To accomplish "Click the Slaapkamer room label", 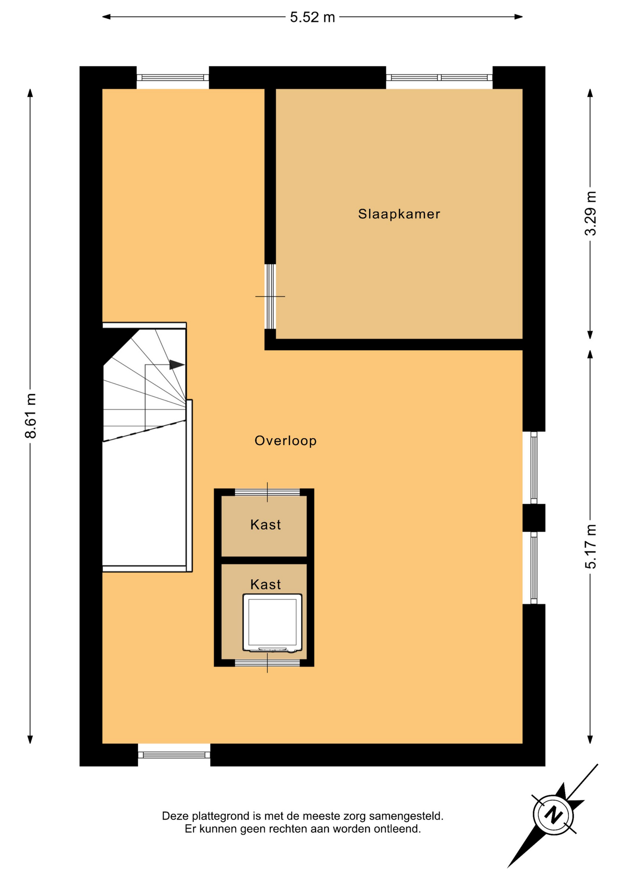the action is click(399, 214).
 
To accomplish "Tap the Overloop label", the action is click(285, 441).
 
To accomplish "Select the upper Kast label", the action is click(265, 524).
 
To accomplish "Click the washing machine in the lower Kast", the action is click(272, 623).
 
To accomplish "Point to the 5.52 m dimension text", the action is click(312, 17).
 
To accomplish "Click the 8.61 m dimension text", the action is click(30, 416).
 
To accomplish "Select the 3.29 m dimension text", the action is click(590, 214).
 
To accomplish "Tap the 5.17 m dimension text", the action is click(590, 546).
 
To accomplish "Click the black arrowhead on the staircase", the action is click(177, 365).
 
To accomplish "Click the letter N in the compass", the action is click(553, 815).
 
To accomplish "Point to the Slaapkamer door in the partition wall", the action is click(270, 297).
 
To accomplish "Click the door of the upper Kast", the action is click(267, 493).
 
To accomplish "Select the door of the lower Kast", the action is click(267, 663).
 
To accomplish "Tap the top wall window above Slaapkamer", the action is click(439, 77).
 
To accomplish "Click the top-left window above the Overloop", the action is click(173, 77).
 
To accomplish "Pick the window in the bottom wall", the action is click(174, 755).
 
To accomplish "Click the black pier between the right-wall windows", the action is click(534, 518).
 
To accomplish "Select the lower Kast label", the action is click(265, 584).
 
